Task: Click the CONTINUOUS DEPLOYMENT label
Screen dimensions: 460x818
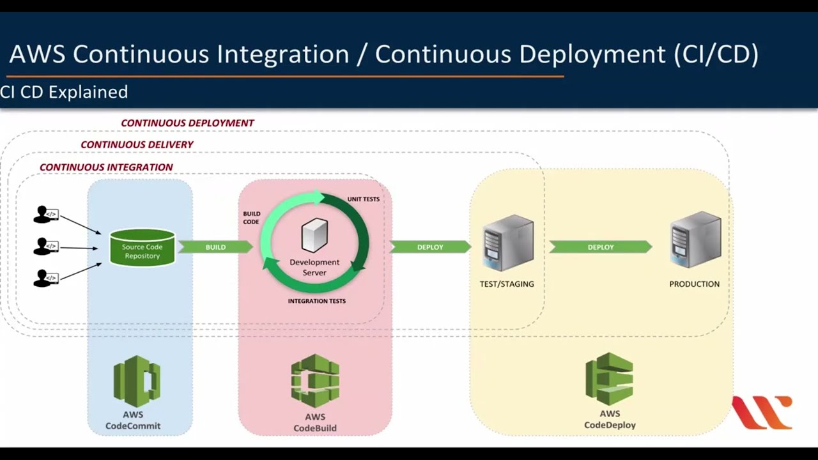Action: pos(187,123)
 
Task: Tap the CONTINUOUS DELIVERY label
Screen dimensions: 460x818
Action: pos(137,144)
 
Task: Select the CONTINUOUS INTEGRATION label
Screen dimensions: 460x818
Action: pos(106,167)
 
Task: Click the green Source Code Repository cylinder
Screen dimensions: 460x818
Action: pos(142,248)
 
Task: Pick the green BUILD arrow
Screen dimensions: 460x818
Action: pos(215,247)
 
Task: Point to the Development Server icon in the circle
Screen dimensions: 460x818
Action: pos(314,234)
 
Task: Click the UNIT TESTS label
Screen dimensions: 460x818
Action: pos(363,199)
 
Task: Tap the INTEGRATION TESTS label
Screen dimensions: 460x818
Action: pos(316,301)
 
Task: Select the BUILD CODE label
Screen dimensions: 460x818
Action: pos(251,218)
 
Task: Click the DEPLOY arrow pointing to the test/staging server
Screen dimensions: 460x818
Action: pos(430,247)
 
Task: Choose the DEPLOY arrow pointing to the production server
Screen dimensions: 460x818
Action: pos(601,247)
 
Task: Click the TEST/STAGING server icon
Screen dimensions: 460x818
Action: pos(508,243)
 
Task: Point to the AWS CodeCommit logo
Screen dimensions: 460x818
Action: pos(136,381)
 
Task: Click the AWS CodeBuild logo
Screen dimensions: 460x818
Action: pos(315,381)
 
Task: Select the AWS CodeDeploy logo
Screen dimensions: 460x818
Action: pos(610,378)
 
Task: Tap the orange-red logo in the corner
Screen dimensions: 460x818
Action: pos(762,412)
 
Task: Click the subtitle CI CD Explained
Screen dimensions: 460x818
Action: pos(64,92)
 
